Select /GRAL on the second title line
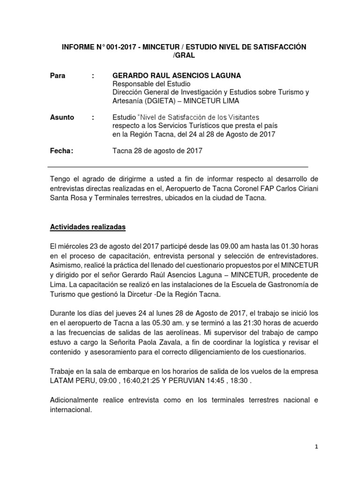pyautogui.click(x=184, y=55)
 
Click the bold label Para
pyautogui.click(x=58, y=75)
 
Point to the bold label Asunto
pyautogui.click(x=62, y=117)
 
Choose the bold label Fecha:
pyautogui.click(x=61, y=150)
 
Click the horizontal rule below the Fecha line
pyautogui.click(x=178, y=167)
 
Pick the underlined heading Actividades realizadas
pyautogui.click(x=88, y=227)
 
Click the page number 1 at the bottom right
pyautogui.click(x=316, y=447)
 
